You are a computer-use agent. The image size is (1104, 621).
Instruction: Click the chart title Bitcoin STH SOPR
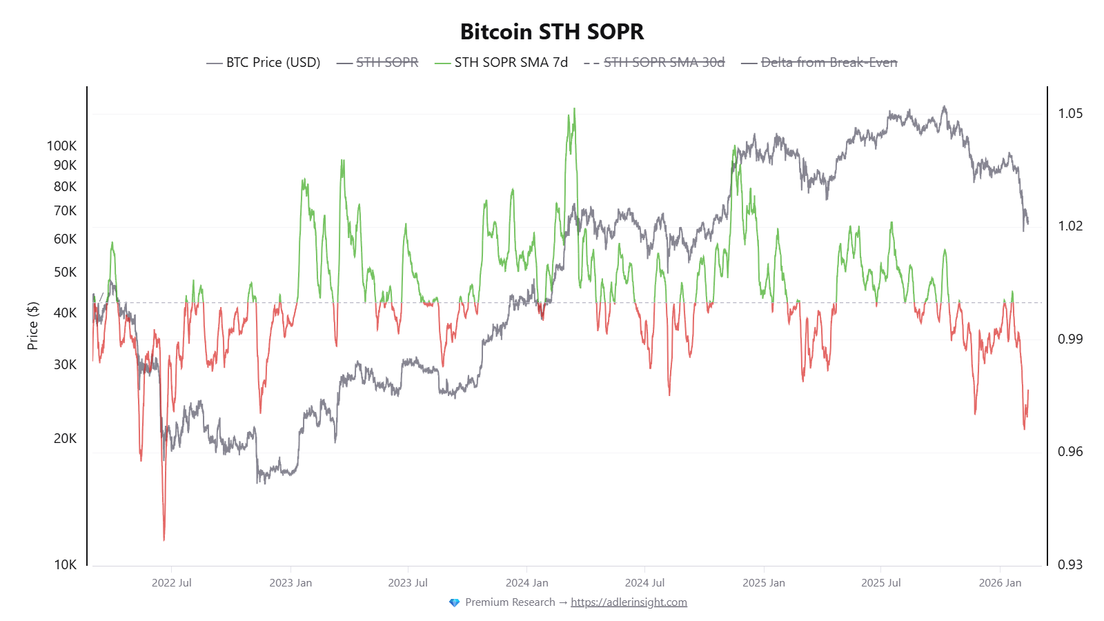point(552,32)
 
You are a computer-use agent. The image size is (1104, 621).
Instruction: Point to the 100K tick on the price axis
point(62,146)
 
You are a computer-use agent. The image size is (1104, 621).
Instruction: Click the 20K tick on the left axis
point(66,438)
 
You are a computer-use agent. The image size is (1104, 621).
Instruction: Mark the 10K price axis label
point(66,564)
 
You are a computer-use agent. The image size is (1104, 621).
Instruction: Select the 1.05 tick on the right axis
point(1070,113)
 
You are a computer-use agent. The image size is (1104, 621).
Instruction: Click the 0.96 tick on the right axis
point(1070,451)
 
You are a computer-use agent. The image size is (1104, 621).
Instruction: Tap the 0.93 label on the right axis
point(1070,564)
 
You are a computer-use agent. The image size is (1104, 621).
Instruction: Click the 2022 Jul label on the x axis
point(172,583)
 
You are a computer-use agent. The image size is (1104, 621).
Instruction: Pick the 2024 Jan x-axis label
point(526,583)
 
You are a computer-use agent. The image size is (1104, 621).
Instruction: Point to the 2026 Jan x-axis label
point(1000,583)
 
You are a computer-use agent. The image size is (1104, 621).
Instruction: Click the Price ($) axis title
point(32,326)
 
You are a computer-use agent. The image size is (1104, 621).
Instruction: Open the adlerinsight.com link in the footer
point(629,602)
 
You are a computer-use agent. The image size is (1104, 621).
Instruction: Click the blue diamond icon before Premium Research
point(454,602)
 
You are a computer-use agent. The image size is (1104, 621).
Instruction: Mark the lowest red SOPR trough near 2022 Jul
point(164,539)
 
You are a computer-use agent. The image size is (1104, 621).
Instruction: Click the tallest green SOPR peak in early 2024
point(574,110)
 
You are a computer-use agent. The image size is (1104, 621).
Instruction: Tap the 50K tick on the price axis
point(66,272)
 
